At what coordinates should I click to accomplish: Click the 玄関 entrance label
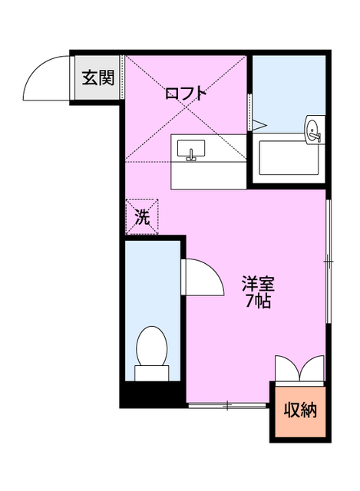click(x=98, y=77)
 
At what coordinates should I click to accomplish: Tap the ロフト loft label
click(x=187, y=94)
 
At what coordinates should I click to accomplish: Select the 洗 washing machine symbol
click(x=143, y=217)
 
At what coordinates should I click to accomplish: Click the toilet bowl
click(x=150, y=347)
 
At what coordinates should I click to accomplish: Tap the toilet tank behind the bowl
click(x=151, y=373)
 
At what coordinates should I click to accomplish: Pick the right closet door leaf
click(x=315, y=367)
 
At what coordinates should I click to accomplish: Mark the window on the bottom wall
click(x=227, y=404)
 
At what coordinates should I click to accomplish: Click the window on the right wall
click(x=328, y=261)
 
